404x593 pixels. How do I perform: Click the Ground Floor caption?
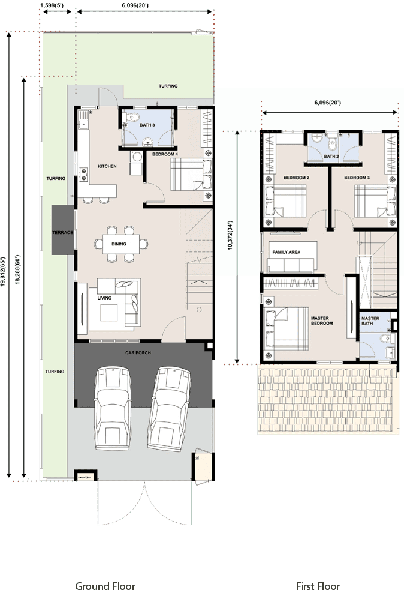click(x=105, y=586)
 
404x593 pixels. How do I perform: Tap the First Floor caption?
click(x=318, y=586)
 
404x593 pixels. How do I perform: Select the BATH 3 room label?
click(x=147, y=125)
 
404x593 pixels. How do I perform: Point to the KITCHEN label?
click(x=107, y=166)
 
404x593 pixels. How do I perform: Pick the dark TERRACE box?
click(x=63, y=230)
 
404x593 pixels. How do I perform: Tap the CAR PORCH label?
click(x=138, y=352)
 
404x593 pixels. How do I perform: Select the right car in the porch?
click(x=168, y=409)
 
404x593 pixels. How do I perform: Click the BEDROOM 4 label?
click(x=165, y=154)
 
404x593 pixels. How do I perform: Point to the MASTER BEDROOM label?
click(x=322, y=321)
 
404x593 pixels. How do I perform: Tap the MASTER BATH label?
click(x=370, y=321)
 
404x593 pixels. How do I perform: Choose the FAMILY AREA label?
click(x=286, y=252)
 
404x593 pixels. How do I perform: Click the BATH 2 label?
click(x=331, y=156)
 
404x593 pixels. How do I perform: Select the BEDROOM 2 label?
click(x=296, y=178)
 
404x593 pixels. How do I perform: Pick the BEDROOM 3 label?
click(x=357, y=178)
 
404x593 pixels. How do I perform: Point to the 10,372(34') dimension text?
click(x=230, y=235)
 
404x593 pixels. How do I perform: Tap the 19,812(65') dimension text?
click(x=4, y=272)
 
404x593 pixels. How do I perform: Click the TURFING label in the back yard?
click(x=168, y=86)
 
